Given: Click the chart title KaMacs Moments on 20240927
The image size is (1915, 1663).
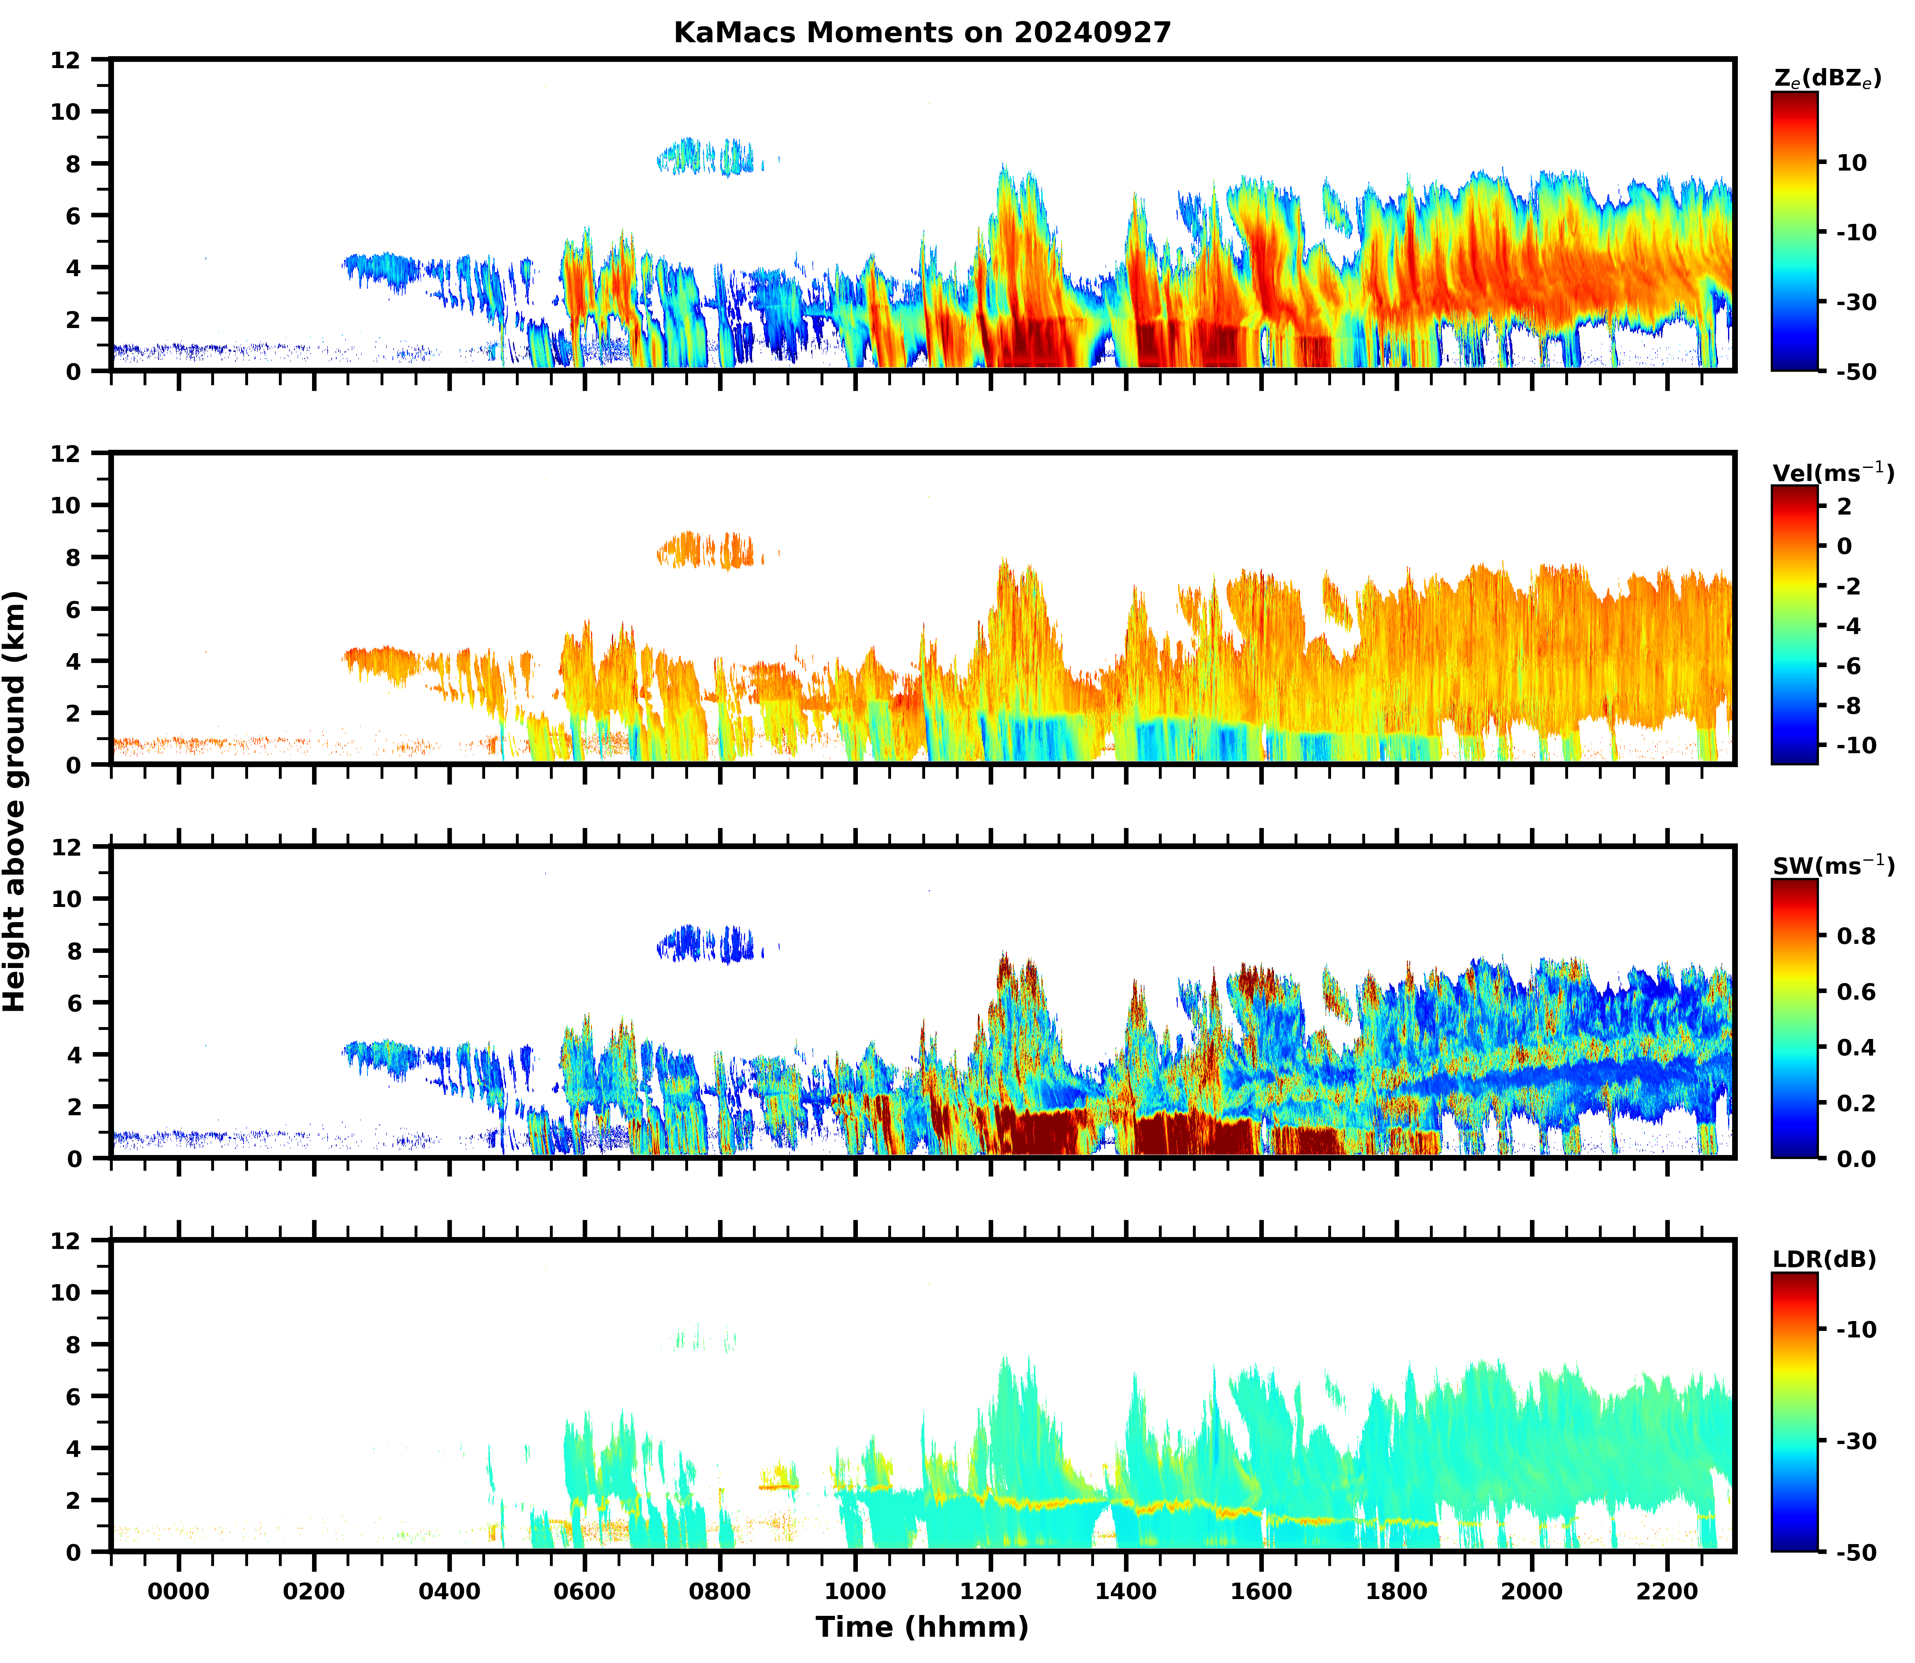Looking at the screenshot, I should [x=922, y=32].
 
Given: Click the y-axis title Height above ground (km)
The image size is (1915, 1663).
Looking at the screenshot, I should [x=15, y=800].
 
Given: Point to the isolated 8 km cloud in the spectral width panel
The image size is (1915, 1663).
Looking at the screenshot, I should [x=705, y=944].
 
